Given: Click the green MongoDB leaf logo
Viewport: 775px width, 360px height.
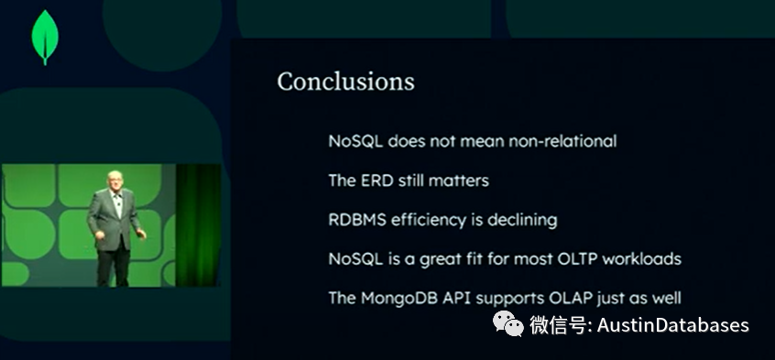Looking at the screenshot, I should point(44,37).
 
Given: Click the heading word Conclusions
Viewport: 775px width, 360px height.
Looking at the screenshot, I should point(345,81).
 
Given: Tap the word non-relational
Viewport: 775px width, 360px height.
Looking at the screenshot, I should point(562,141).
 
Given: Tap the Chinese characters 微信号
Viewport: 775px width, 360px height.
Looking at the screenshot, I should point(558,325).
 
